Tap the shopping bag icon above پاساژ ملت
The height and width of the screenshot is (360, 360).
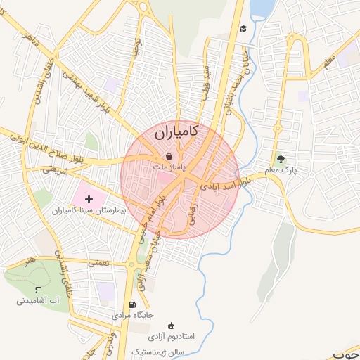tap(169, 156)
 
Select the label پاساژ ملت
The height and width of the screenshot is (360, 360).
tap(170, 168)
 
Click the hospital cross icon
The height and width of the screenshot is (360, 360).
tap(89, 200)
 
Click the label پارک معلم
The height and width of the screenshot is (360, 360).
tap(281, 171)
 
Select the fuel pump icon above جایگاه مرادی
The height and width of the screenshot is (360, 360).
tap(131, 304)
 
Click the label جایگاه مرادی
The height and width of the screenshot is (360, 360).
tap(131, 316)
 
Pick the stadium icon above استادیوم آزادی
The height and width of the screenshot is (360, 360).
tap(172, 326)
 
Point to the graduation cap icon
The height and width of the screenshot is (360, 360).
tap(243, 29)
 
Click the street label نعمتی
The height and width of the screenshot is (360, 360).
tap(98, 262)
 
